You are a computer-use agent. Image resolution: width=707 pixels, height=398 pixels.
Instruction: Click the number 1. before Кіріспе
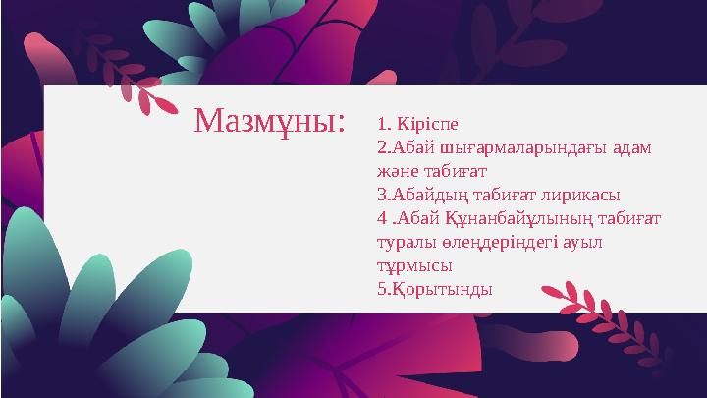[x=384, y=124]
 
